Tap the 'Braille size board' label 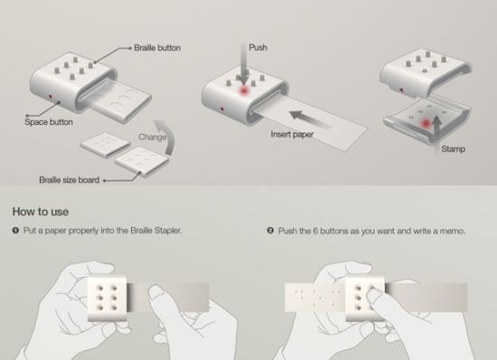pos(69,179)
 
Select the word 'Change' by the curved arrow pos(152,137)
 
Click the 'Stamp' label pos(454,148)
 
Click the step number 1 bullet pos(15,231)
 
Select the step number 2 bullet pos(270,231)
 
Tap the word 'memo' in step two pos(452,231)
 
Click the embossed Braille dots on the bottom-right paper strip pos(320,296)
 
